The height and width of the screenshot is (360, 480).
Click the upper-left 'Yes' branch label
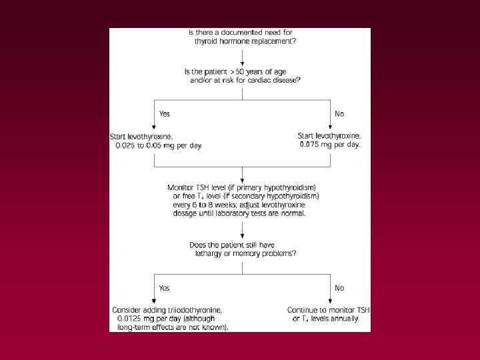point(164,114)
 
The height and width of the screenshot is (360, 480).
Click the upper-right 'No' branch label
point(339,114)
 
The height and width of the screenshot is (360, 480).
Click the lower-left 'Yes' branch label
point(164,288)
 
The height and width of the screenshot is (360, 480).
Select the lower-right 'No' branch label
point(339,288)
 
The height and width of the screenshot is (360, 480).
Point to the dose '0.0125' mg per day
point(129,319)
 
